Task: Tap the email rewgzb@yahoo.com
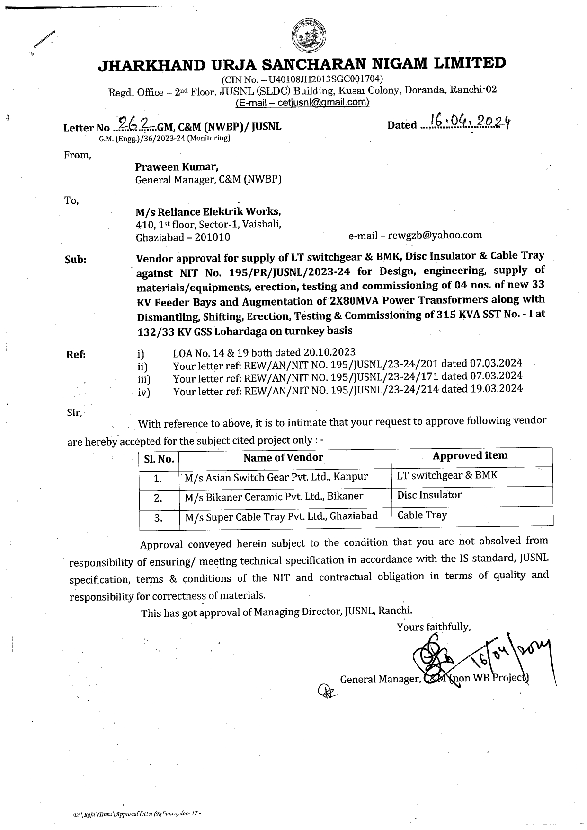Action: [435, 235]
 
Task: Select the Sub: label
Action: [75, 260]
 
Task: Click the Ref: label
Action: [76, 355]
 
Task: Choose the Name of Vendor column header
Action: [283, 457]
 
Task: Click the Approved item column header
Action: [470, 455]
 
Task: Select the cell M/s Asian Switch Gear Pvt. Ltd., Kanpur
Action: [276, 477]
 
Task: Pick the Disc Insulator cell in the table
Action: [429, 495]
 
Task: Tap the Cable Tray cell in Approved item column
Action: [422, 515]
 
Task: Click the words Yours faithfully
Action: [434, 627]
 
